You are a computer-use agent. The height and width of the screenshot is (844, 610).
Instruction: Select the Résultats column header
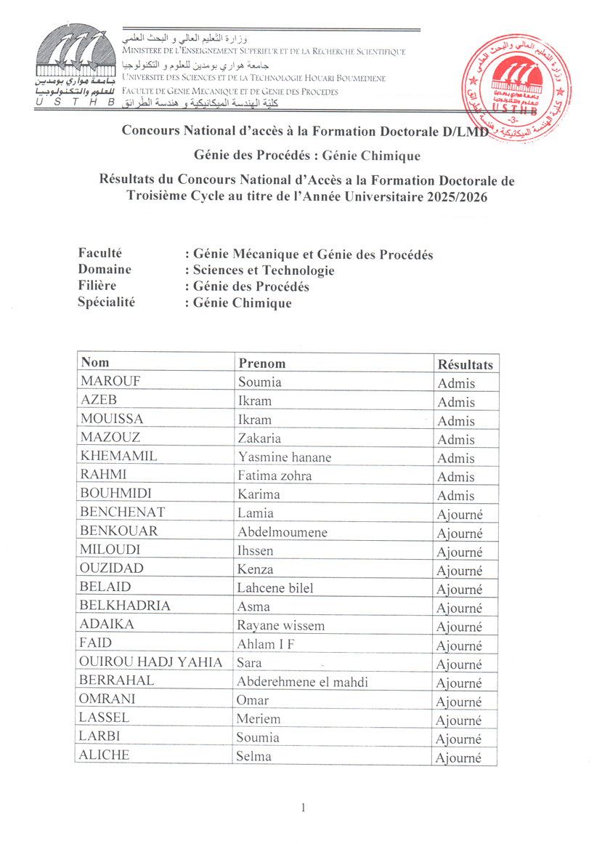(x=465, y=363)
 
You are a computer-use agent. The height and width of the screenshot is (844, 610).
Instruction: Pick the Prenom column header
(x=262, y=363)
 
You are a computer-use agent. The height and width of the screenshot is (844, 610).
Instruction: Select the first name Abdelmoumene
(x=282, y=531)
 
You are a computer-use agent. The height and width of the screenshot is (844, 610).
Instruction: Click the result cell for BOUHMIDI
(x=456, y=495)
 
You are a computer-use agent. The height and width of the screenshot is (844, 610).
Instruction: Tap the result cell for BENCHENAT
(x=459, y=514)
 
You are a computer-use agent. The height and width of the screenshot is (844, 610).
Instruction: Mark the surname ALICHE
(x=105, y=756)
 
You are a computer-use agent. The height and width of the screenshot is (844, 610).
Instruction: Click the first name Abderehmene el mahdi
(x=302, y=681)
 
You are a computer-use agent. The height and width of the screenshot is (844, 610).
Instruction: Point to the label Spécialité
(x=106, y=302)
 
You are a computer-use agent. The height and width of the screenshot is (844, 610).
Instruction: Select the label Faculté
(x=99, y=254)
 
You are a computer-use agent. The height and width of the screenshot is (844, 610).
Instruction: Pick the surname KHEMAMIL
(x=119, y=457)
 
